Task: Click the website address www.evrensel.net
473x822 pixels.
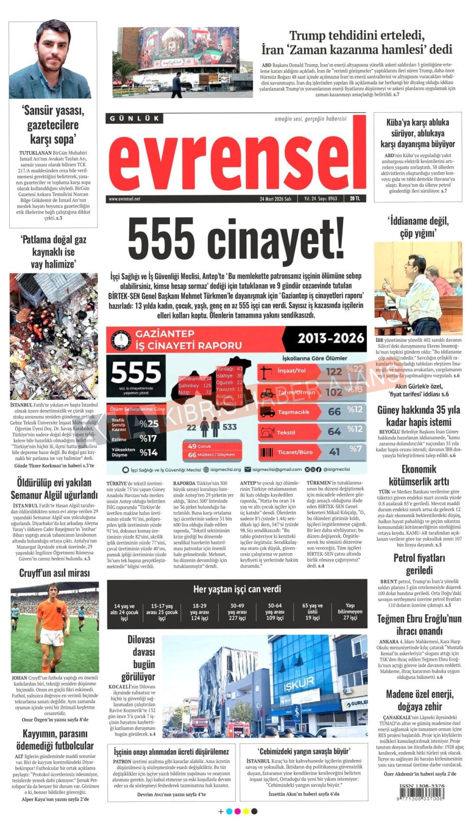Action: pos(124,199)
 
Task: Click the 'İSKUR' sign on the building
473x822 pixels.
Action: pos(299,683)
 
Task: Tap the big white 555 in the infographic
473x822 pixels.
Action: pos(136,372)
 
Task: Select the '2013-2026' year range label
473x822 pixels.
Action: pos(331,338)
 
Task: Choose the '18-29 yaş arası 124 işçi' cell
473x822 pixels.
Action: pos(199,612)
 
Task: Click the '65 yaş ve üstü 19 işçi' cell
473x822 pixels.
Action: pos(312,612)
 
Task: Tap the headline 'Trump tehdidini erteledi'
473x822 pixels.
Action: pos(357,35)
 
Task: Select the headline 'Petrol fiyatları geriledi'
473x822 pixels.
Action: pos(419,564)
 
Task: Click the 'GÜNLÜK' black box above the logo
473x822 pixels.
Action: pos(134,118)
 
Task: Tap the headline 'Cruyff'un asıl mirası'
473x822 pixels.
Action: pos(54,573)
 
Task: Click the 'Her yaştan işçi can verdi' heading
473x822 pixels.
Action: pos(237,589)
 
